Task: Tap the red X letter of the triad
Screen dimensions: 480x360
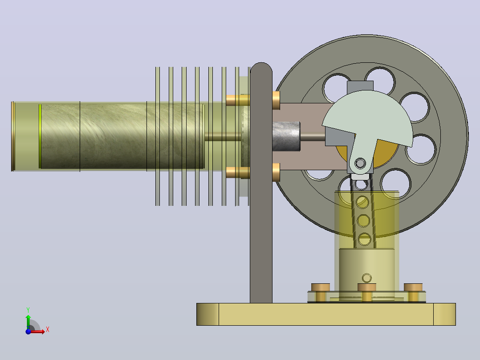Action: tap(48, 330)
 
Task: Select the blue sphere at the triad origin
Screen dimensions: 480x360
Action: tap(28, 331)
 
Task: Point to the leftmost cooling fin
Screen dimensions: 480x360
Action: tap(158, 136)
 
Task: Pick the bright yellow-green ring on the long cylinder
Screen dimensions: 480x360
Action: tap(40, 136)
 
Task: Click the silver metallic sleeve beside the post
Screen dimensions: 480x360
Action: tap(286, 136)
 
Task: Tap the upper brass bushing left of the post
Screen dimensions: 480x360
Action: tap(238, 100)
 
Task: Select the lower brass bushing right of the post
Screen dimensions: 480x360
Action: tap(276, 172)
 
